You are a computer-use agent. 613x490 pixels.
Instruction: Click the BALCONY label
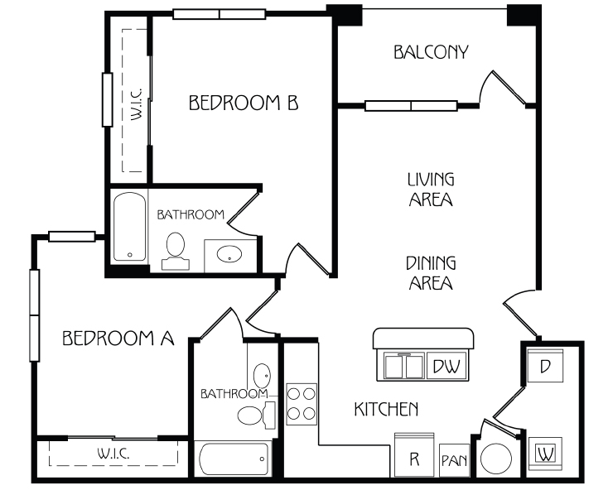point(431,52)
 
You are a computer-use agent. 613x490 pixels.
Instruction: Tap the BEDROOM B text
point(244,103)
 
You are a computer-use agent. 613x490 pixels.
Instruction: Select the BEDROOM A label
point(118,338)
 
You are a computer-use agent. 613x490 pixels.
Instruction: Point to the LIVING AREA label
point(431,190)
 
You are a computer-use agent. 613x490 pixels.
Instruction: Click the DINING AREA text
point(431,273)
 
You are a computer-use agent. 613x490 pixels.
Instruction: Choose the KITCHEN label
point(386,409)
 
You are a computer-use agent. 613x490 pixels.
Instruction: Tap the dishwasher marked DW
point(446,366)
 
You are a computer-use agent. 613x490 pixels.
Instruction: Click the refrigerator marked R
point(414,455)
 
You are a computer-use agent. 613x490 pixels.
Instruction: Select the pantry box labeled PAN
point(454,460)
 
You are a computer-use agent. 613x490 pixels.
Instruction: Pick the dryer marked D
point(545,366)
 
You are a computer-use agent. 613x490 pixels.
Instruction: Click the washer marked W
point(545,454)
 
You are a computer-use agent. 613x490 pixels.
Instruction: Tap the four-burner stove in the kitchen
point(302,404)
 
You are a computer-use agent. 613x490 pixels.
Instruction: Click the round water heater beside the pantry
point(495,459)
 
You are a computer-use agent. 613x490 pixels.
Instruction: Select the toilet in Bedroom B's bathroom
point(176,251)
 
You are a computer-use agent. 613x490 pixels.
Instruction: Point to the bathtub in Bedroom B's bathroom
point(130,227)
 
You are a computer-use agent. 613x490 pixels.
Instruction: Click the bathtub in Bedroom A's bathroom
point(234,459)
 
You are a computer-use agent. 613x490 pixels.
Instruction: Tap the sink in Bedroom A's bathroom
point(262,376)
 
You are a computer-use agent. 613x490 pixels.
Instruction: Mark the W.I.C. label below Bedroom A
point(113,454)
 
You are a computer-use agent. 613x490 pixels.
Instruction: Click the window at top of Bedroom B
point(220,14)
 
